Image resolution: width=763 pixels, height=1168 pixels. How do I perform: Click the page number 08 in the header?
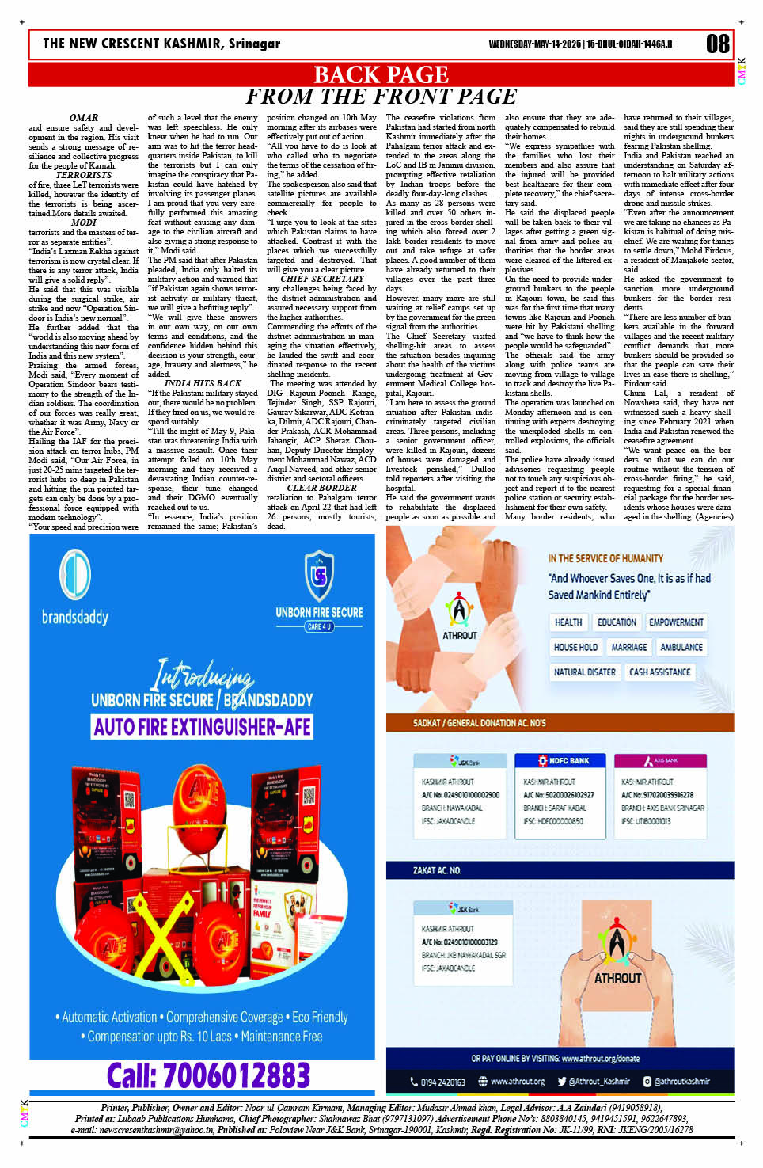(x=717, y=44)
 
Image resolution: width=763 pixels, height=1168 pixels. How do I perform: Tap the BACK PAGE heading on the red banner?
(x=381, y=74)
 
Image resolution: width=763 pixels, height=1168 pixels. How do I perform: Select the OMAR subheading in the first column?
(x=83, y=118)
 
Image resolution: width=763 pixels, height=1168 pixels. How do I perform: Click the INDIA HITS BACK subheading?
(x=203, y=383)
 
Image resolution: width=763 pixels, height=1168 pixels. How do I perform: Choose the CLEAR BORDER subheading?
(x=321, y=488)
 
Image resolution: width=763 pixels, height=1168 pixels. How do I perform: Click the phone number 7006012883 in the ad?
(x=208, y=1075)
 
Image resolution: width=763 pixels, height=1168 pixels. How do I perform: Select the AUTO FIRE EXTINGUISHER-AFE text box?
(x=202, y=726)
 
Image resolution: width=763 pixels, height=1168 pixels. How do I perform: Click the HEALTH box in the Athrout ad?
(x=568, y=622)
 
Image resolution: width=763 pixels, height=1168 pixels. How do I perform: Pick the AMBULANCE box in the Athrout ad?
(x=681, y=647)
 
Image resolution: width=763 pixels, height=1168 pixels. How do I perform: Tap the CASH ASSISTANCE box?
(x=659, y=672)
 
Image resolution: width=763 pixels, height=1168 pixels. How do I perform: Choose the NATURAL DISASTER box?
(x=584, y=672)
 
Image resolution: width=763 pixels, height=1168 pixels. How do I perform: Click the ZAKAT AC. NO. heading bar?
(x=436, y=870)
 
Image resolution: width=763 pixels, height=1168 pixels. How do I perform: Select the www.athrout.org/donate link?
(x=600, y=1058)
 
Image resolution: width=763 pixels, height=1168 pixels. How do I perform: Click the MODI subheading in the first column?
(x=83, y=223)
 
